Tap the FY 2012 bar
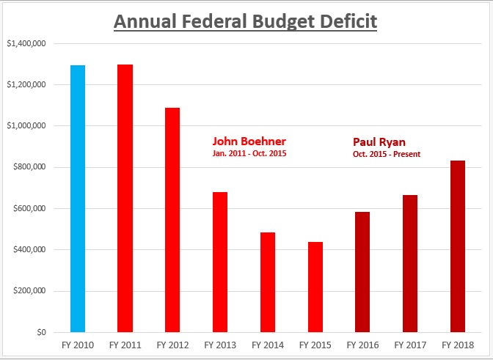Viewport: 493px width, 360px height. click(x=172, y=220)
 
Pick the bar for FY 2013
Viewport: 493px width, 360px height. click(x=220, y=262)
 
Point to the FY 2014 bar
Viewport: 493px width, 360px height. click(x=267, y=282)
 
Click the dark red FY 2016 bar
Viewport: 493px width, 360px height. click(x=362, y=271)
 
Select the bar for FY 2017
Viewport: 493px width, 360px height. click(x=409, y=263)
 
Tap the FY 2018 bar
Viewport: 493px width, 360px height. click(x=457, y=246)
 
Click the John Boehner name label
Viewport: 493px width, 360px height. click(x=249, y=141)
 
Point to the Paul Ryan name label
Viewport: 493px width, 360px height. click(x=379, y=141)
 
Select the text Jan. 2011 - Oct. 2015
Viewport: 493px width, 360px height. click(x=249, y=154)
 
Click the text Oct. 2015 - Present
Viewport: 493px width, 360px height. click(x=387, y=154)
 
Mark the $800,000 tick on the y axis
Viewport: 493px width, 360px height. click(x=30, y=167)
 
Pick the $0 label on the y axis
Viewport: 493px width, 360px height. click(x=42, y=332)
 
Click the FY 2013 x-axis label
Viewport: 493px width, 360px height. click(x=219, y=344)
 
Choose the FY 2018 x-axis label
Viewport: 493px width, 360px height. click(x=457, y=344)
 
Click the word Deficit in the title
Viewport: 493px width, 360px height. click(x=343, y=21)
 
